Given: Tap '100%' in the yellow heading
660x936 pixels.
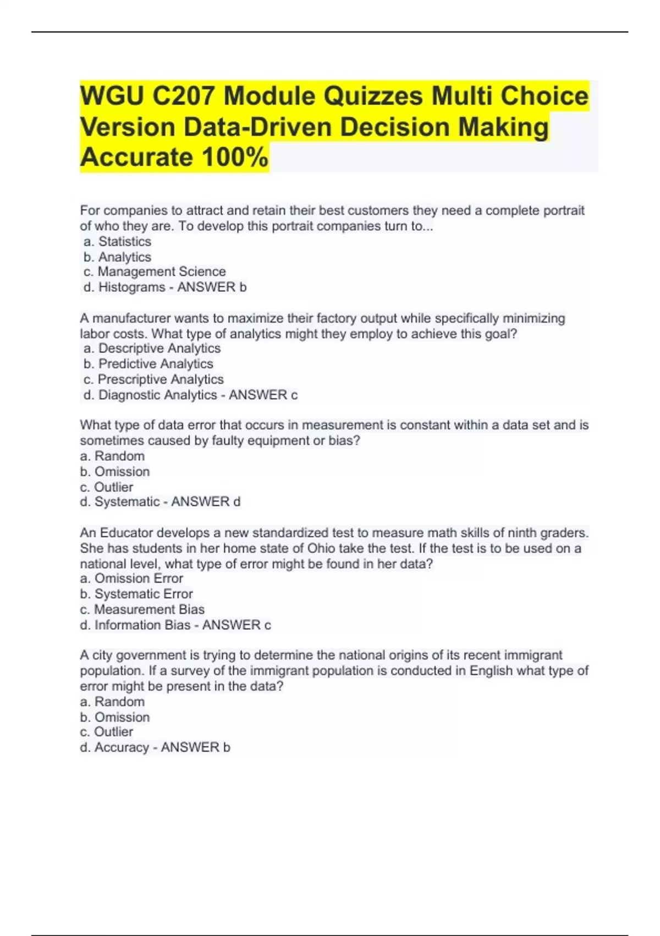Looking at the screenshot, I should coord(235,157).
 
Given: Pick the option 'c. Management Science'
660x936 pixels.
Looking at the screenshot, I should coord(155,272).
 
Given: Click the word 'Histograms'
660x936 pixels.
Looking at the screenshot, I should coord(131,287).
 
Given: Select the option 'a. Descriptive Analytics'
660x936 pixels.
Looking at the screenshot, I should coord(152,349).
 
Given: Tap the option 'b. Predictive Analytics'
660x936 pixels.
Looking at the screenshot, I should coord(148,364).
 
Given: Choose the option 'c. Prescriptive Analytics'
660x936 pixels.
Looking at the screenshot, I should coord(153,379).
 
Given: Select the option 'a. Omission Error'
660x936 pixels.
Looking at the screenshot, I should coord(131,579).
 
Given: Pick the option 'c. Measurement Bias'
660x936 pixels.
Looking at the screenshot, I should coord(142,610).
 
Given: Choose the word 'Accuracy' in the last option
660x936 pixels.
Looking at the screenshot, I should coord(122,748).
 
